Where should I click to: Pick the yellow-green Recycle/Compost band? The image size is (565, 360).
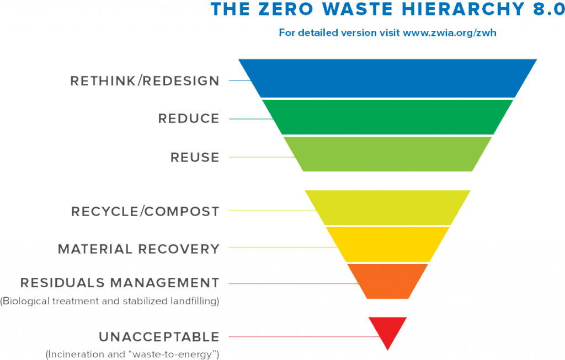coord(387,207)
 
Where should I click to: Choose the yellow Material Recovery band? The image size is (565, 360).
coord(387,244)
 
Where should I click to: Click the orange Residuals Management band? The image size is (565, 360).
coord(387,281)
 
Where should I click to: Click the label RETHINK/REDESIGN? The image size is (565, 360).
coord(145,81)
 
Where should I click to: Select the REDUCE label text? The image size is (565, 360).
coord(189,119)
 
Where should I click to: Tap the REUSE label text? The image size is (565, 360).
coord(195,157)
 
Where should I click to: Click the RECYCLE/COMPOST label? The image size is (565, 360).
coord(146,211)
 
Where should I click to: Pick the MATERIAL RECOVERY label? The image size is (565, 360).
coord(139,249)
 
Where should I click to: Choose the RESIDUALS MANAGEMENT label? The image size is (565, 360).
coord(120,283)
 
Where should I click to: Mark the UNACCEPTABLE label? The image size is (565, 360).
coord(159,336)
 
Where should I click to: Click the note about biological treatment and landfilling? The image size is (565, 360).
coord(110,302)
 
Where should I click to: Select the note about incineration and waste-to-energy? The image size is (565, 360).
coord(132,353)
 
